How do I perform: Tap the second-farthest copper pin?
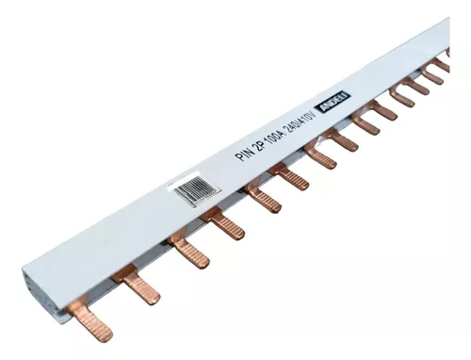point(430,74)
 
